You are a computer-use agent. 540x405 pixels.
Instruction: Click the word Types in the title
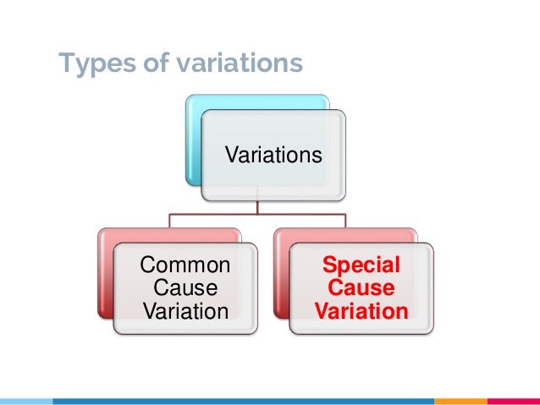[x=93, y=63]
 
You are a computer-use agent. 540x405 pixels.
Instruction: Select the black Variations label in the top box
[x=273, y=156]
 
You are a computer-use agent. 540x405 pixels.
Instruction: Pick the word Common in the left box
[x=185, y=266]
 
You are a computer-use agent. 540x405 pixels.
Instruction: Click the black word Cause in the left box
[x=185, y=289]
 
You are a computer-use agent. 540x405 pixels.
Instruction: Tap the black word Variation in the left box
[x=185, y=311]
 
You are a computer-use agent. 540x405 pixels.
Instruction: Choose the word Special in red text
[x=361, y=266]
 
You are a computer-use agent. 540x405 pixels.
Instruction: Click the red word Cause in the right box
[x=361, y=289]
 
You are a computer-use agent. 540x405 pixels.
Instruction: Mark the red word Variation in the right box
[x=361, y=311]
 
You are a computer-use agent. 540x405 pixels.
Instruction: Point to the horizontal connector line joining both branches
[x=257, y=215]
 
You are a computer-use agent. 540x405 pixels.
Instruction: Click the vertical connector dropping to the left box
[x=169, y=221]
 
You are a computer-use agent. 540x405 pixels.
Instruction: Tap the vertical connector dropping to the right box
[x=345, y=221]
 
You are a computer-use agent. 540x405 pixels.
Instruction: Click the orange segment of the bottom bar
[x=460, y=401]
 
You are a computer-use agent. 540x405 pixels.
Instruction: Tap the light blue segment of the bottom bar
[x=25, y=401]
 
